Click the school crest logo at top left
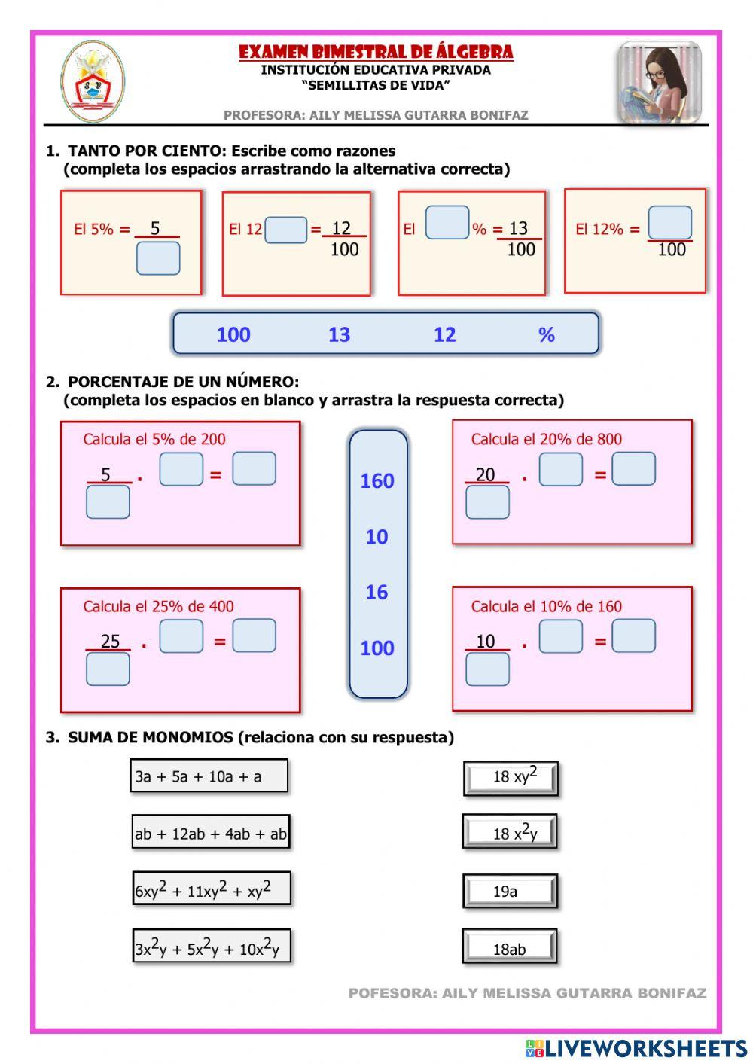pos(93,82)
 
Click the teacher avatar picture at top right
pos(660,83)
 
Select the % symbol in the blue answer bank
pos(547,334)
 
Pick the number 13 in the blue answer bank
pos(339,334)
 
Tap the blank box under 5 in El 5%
pos(158,258)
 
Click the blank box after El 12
pos(286,230)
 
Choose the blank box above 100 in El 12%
pos(669,223)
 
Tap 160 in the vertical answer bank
pos(377,480)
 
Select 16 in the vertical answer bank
pos(376,592)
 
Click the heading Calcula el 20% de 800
pos(546,439)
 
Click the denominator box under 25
pos(108,669)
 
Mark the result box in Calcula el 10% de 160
pos(633,636)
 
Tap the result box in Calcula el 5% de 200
pos(254,468)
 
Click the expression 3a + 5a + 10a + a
pos(209,776)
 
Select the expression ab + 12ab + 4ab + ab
pos(211,834)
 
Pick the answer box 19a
pos(510,892)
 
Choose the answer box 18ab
pos(510,948)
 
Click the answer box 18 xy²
pos(511,778)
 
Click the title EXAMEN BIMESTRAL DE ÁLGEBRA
pos(376,52)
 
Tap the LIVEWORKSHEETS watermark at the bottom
pos(636,1047)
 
